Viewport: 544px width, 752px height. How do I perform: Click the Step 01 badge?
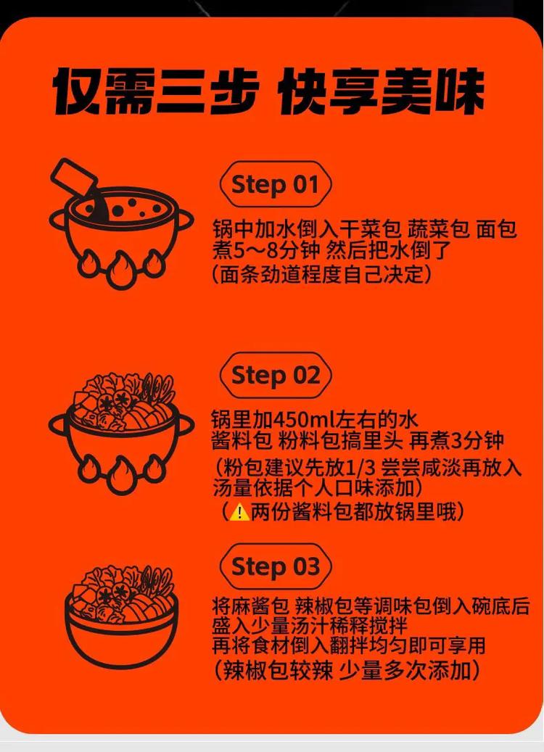click(275, 185)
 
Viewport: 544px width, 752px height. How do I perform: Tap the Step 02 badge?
click(275, 376)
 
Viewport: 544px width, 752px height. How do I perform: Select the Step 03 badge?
click(275, 566)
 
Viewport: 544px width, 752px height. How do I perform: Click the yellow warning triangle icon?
click(239, 512)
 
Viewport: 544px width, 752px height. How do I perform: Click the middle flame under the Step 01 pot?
click(120, 270)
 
